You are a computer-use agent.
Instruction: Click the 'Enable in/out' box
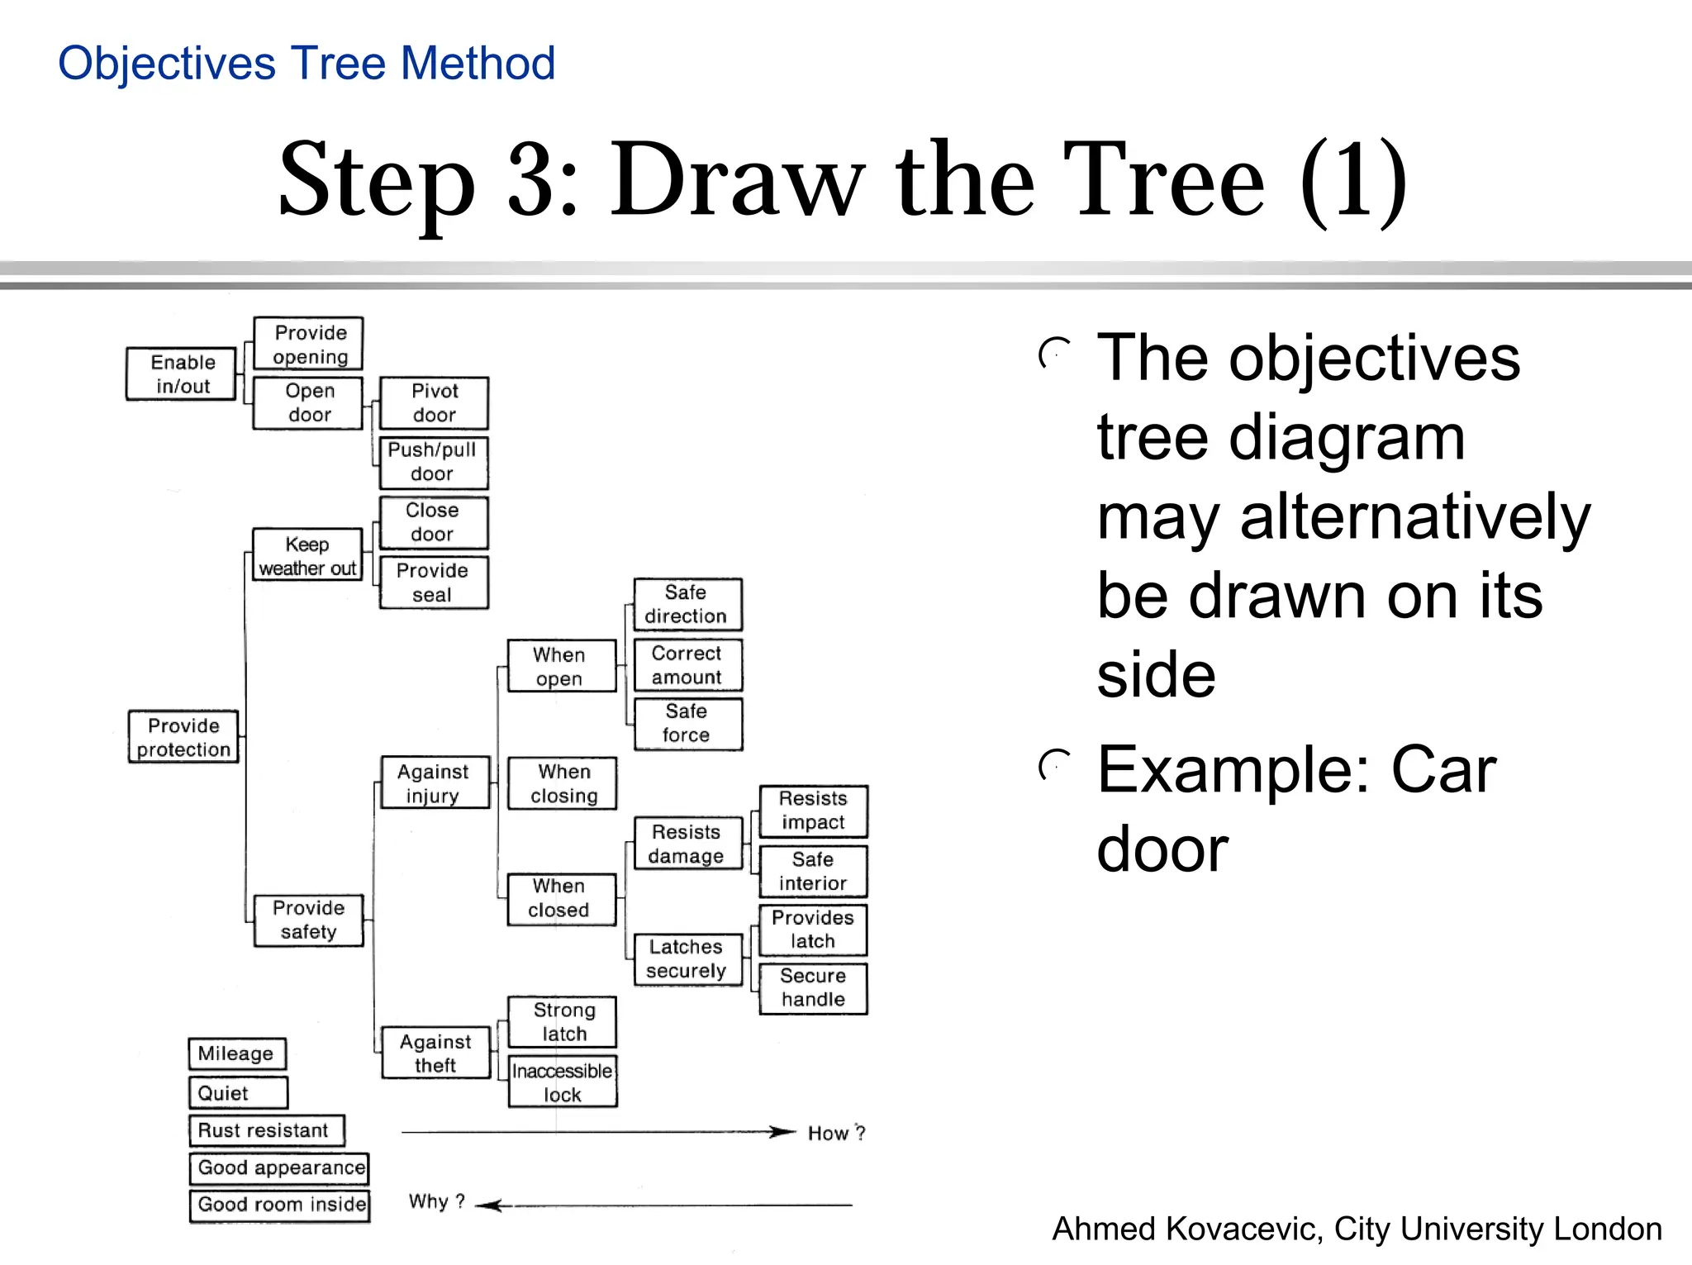point(182,374)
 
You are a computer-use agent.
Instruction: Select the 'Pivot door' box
point(434,403)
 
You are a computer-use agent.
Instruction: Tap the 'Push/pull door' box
point(434,463)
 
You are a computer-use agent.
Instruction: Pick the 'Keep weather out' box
point(307,555)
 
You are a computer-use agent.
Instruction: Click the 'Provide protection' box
point(183,737)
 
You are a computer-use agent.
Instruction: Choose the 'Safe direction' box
point(687,604)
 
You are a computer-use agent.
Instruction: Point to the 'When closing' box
point(563,783)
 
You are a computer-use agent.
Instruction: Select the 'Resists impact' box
point(813,811)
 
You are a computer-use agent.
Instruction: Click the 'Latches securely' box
point(687,958)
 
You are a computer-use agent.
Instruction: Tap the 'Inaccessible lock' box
point(563,1082)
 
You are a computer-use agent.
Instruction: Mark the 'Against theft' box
point(435,1053)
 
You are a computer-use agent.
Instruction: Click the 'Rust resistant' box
point(266,1130)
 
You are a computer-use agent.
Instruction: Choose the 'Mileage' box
point(237,1053)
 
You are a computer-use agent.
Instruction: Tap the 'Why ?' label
point(436,1201)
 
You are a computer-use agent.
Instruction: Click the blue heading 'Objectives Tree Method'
point(307,64)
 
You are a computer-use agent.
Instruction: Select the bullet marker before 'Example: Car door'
point(1054,767)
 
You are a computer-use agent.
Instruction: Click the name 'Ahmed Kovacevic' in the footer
point(1186,1229)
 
